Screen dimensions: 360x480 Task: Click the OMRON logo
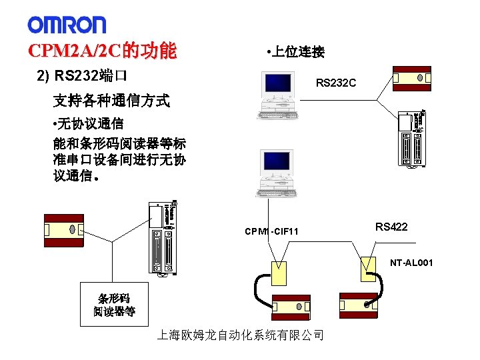point(67,25)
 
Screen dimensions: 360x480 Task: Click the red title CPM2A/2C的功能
point(102,51)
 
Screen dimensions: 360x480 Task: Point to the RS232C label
point(335,83)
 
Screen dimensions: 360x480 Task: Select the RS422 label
point(391,227)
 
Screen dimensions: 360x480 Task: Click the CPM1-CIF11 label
point(271,231)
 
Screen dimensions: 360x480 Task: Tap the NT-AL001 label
point(412,263)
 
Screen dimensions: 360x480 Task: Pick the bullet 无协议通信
point(87,123)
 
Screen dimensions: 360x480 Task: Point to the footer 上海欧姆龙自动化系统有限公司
point(240,335)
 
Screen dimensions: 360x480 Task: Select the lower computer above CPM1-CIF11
point(277,171)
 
